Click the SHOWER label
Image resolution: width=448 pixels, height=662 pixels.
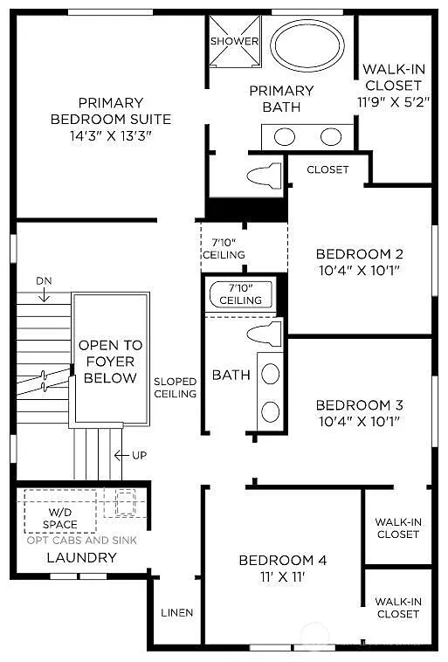click(x=235, y=41)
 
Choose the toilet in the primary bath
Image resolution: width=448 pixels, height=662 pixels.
click(x=265, y=176)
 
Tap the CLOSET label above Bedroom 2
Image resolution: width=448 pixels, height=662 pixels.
click(x=327, y=169)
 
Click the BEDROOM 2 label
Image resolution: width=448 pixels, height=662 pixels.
click(x=359, y=254)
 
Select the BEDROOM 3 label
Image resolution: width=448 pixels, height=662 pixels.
click(x=359, y=404)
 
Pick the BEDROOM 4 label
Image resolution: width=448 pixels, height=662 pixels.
click(x=283, y=560)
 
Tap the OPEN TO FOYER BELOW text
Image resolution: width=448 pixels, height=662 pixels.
click(x=110, y=362)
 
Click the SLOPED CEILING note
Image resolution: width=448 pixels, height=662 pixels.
click(x=175, y=387)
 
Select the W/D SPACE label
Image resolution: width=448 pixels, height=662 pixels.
click(x=60, y=518)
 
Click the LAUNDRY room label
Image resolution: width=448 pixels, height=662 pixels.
click(x=69, y=556)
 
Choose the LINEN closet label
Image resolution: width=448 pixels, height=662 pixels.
click(x=176, y=612)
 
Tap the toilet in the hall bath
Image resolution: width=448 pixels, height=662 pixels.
click(x=265, y=333)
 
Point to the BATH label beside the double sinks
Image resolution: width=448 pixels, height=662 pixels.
click(x=231, y=375)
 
